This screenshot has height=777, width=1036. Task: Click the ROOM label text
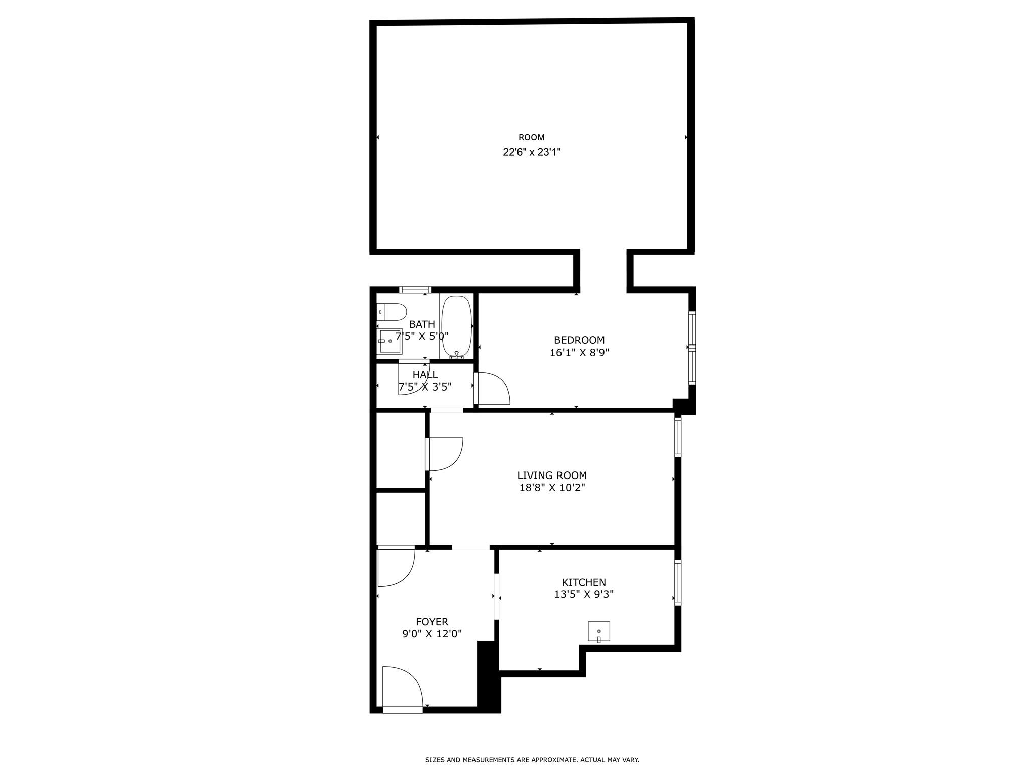[x=531, y=137]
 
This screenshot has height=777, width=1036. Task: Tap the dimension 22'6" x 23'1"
[x=532, y=152]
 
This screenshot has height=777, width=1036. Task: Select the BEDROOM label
[x=579, y=340]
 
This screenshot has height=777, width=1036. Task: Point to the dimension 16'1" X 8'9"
[x=579, y=353]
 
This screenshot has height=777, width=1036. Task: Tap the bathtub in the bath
[x=456, y=327]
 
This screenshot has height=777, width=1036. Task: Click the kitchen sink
[x=598, y=631]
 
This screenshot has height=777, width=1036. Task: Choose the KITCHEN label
[x=583, y=582]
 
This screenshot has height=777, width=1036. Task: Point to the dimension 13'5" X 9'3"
[x=583, y=594]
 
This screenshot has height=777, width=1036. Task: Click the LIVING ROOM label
[x=552, y=476]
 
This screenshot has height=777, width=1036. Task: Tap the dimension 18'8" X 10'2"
[x=552, y=488]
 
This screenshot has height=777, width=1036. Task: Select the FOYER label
[x=432, y=622]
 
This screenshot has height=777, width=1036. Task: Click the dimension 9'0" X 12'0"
[x=432, y=634]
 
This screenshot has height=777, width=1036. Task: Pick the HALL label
[x=425, y=375]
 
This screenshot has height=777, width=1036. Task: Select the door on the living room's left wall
[x=444, y=454]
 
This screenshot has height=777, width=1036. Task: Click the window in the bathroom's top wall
[x=415, y=290]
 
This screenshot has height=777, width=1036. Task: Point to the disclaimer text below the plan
[x=532, y=760]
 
